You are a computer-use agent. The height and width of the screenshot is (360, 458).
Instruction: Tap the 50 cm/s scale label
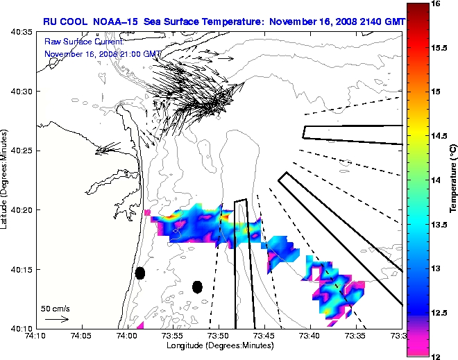pyautogui.click(x=56, y=308)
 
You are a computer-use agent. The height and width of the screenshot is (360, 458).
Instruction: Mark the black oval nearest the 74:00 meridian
pyautogui.click(x=139, y=273)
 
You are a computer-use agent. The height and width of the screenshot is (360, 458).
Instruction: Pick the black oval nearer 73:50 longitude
pyautogui.click(x=197, y=286)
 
